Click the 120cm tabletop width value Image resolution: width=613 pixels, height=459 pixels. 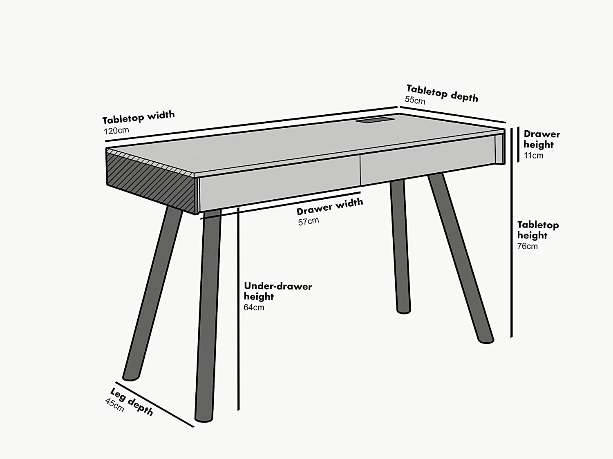pyautogui.click(x=116, y=131)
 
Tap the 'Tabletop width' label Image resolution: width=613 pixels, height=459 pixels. pyautogui.click(x=138, y=117)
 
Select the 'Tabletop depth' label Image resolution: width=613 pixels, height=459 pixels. pyautogui.click(x=442, y=93)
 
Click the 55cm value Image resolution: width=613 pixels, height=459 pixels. pyautogui.click(x=415, y=100)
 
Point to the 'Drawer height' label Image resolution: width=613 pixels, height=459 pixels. pyautogui.click(x=541, y=139)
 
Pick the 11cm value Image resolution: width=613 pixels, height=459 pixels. pyautogui.click(x=533, y=156)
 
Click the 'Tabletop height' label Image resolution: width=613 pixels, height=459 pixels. pyautogui.click(x=537, y=230)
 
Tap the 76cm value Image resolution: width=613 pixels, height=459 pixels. pyautogui.click(x=527, y=246)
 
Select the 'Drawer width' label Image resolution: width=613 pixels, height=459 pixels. pyautogui.click(x=329, y=207)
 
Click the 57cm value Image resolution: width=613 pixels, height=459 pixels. pyautogui.click(x=308, y=222)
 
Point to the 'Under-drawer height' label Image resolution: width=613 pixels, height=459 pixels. pyautogui.click(x=277, y=291)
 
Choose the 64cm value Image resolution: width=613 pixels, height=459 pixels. pyautogui.click(x=254, y=307)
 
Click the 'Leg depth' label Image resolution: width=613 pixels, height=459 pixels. pyautogui.click(x=132, y=402)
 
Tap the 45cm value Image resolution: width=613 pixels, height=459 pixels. pyautogui.click(x=114, y=405)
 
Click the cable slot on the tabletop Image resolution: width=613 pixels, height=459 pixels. pyautogui.click(x=375, y=120)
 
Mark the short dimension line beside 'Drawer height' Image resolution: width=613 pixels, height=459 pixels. pyautogui.click(x=518, y=145)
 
